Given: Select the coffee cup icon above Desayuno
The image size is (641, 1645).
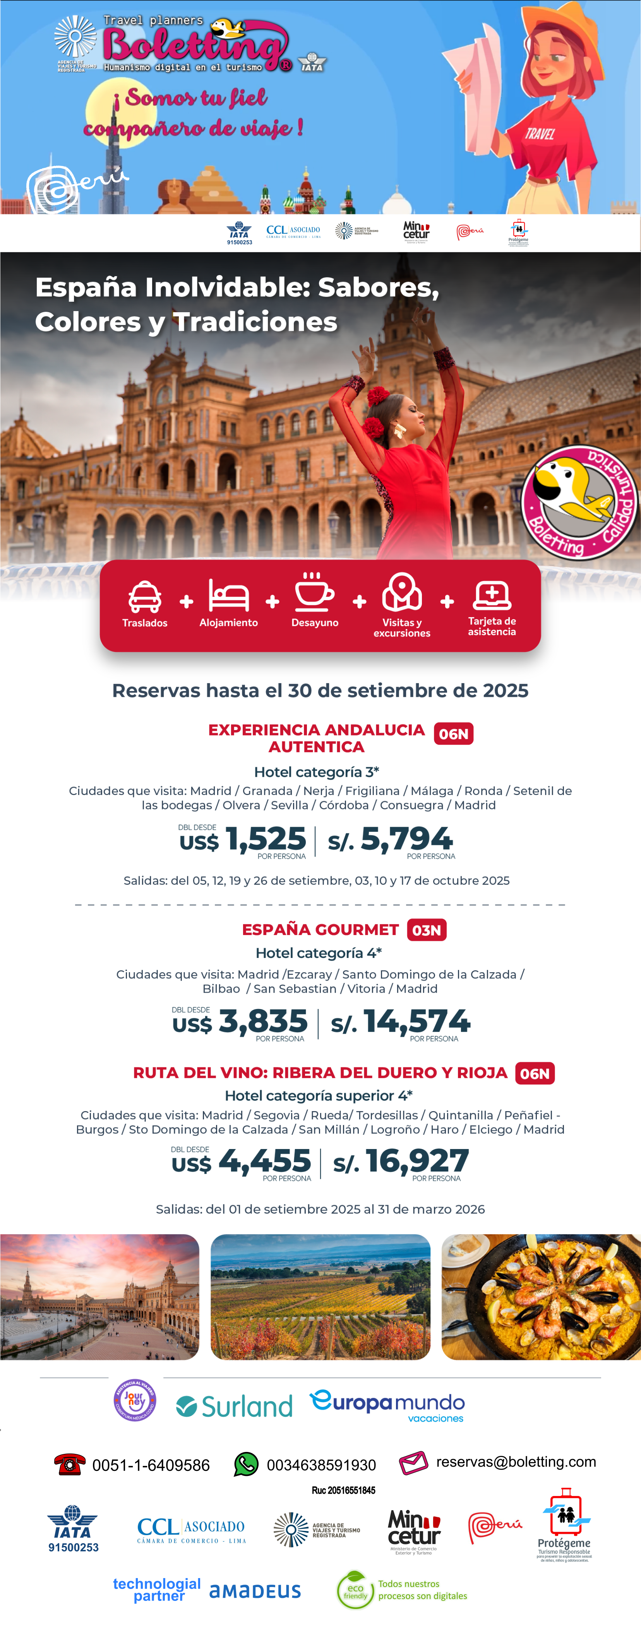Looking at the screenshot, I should (x=314, y=593).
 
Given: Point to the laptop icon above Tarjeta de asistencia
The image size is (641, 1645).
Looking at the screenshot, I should (x=492, y=595).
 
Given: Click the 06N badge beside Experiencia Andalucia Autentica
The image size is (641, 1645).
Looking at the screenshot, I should (x=453, y=734).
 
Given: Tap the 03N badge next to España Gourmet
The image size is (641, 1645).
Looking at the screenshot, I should (x=426, y=930).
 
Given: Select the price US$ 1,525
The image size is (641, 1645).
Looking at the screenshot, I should (x=243, y=839).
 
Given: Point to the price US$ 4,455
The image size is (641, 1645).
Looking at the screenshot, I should (x=242, y=1161).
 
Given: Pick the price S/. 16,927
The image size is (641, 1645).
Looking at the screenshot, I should (x=401, y=1161).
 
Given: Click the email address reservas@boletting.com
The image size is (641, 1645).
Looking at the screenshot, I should (x=516, y=1462).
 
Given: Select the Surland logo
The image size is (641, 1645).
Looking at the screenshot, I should (x=235, y=1406).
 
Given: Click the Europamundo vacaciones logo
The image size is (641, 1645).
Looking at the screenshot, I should (x=387, y=1406).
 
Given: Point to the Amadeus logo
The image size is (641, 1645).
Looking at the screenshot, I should (x=255, y=1591).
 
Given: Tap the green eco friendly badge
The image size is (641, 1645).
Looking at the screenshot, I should (x=355, y=1590).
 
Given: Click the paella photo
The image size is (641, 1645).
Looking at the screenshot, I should (x=541, y=1296).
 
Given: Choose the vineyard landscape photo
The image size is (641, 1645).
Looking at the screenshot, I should (x=320, y=1296).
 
